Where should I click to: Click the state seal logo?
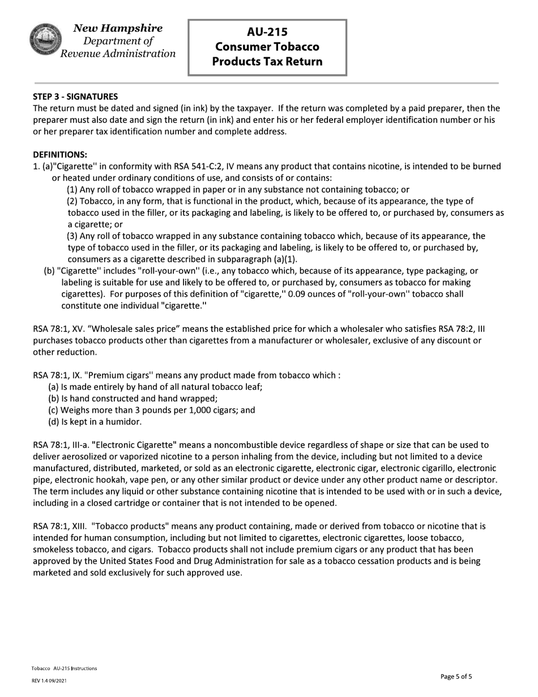pyautogui.click(x=45, y=40)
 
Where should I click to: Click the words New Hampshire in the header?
pyautogui.click(x=118, y=28)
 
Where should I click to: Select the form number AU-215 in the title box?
pyautogui.click(x=267, y=32)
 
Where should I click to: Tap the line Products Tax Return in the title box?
pyautogui.click(x=267, y=61)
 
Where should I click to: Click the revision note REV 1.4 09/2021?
pyautogui.click(x=49, y=681)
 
